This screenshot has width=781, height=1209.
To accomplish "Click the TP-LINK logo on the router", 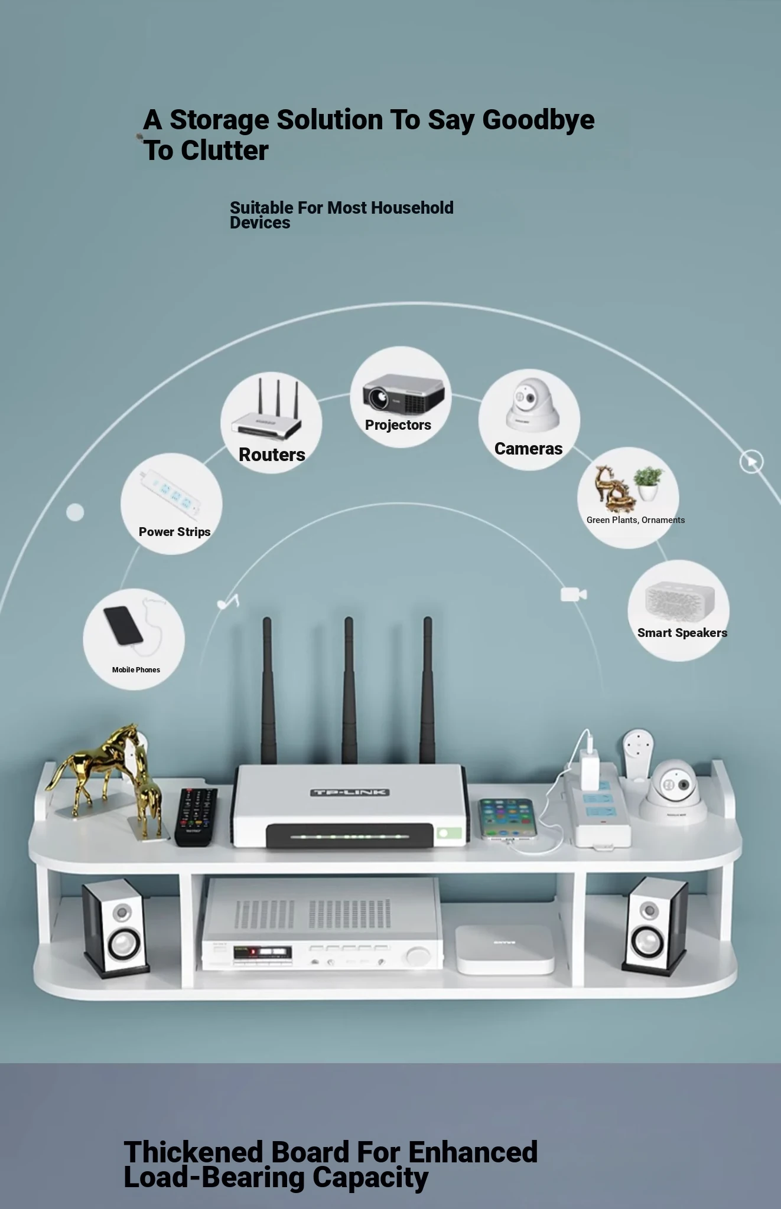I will click(x=350, y=792).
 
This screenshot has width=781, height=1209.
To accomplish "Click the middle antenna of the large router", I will click(x=349, y=691).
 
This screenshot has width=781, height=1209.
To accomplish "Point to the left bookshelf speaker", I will click(x=115, y=927).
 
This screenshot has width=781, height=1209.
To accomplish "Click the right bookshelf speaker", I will click(x=654, y=925).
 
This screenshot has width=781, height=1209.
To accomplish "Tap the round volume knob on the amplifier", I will click(x=418, y=955).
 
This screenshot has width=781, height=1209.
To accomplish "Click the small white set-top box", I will click(x=504, y=949).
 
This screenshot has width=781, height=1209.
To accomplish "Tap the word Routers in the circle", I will click(x=272, y=455).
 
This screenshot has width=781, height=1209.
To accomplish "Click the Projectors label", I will click(x=398, y=425).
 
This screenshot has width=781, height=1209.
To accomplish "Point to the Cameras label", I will click(x=528, y=449).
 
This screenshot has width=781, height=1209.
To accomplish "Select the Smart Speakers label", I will click(x=682, y=633).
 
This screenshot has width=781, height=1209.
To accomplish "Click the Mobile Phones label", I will click(x=136, y=669).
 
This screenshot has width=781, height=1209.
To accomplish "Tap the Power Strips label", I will click(x=174, y=532).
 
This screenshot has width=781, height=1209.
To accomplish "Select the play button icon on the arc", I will click(x=751, y=461).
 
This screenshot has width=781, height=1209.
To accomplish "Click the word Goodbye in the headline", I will click(x=538, y=120).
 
